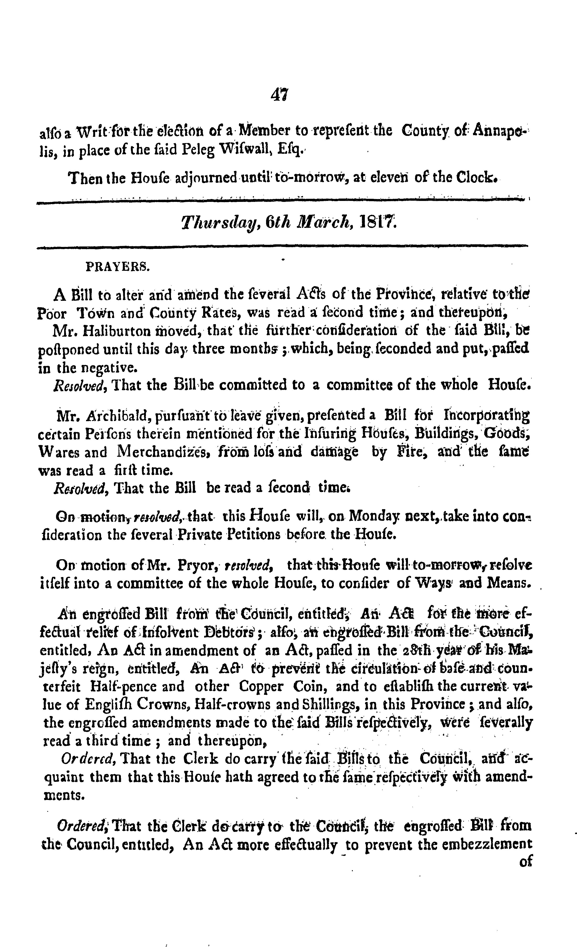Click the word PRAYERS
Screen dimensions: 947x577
coord(118,267)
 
